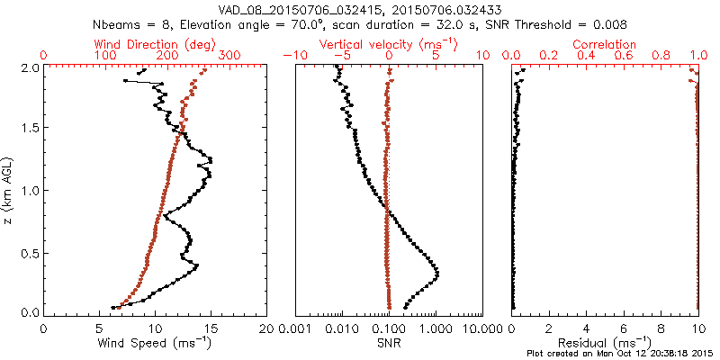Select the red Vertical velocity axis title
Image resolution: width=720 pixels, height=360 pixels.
point(388,44)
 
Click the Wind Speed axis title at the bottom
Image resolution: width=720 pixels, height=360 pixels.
point(155,344)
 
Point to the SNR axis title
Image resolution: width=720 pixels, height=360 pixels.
point(388,344)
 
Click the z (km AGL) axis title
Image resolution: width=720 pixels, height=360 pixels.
point(8,189)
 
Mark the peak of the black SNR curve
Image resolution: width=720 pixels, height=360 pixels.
point(437,272)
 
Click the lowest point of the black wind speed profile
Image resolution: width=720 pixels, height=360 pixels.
point(113,307)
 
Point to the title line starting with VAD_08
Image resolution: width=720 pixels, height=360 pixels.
point(360,10)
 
